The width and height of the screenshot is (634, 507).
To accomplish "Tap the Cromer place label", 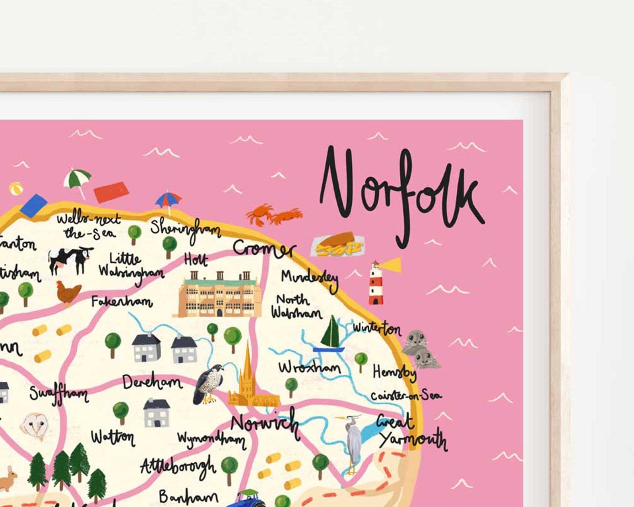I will pos(264,248).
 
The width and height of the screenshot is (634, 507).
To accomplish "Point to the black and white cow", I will pos(70,259).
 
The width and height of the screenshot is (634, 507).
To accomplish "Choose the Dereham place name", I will pos(152,382).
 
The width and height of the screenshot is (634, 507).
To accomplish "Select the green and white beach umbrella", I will pos(78,180).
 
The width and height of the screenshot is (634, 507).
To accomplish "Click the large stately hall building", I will pos(219,295).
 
